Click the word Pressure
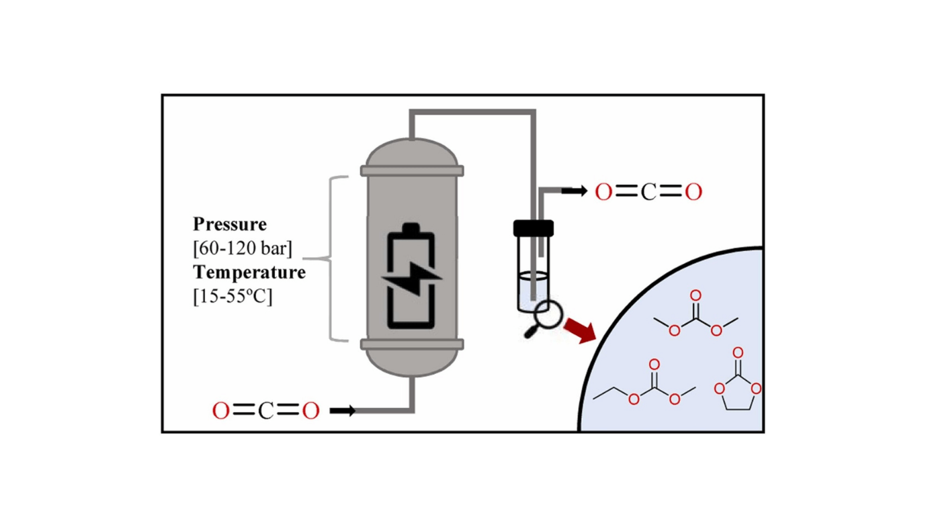pos(230,224)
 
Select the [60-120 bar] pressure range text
pos(243,248)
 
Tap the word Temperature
pos(249,273)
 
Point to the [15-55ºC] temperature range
pos(233,297)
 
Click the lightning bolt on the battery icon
pos(411,277)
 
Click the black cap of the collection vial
pos(534,228)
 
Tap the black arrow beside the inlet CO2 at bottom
pos(343,411)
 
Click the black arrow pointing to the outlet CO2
pos(573,192)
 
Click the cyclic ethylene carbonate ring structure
pos(738,393)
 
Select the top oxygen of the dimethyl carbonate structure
pos(696,295)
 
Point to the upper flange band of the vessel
pos(411,171)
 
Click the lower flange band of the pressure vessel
pos(411,344)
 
